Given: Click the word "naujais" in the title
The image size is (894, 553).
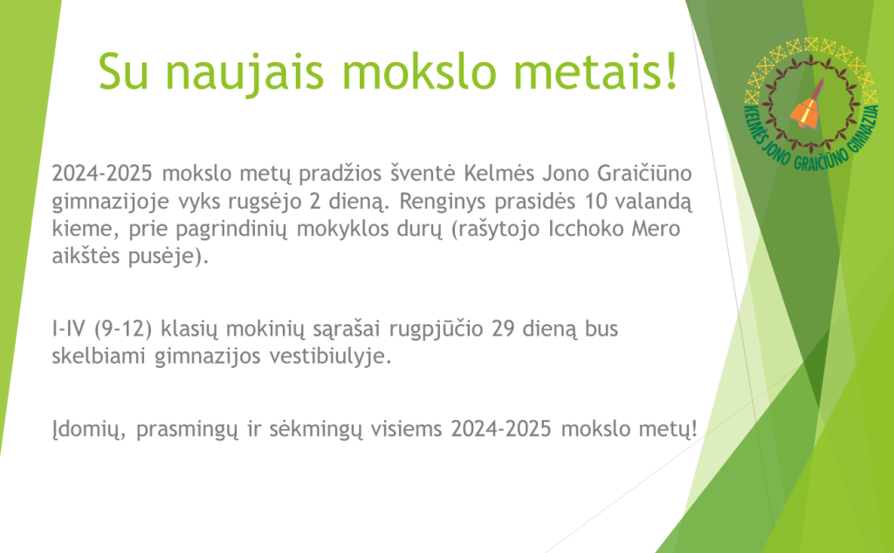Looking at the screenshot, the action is tap(246, 73).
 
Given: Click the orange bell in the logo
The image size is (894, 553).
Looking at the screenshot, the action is tap(808, 107).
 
